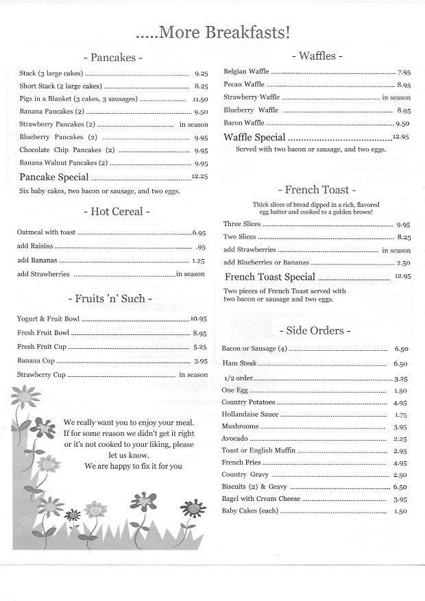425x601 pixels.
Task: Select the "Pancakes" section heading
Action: [112, 58]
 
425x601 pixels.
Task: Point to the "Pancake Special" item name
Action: [54, 177]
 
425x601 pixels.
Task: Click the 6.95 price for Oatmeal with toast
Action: [199, 233]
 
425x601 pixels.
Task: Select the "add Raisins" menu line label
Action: [36, 247]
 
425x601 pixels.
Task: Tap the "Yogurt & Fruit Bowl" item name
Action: [48, 319]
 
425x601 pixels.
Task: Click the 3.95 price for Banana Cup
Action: [200, 360]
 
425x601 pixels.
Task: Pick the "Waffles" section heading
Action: [317, 56]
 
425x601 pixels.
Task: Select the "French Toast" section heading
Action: [316, 190]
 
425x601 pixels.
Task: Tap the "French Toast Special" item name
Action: [270, 277]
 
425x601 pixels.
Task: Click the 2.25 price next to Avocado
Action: [402, 439]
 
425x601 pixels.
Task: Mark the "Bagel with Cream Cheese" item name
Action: [261, 499]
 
